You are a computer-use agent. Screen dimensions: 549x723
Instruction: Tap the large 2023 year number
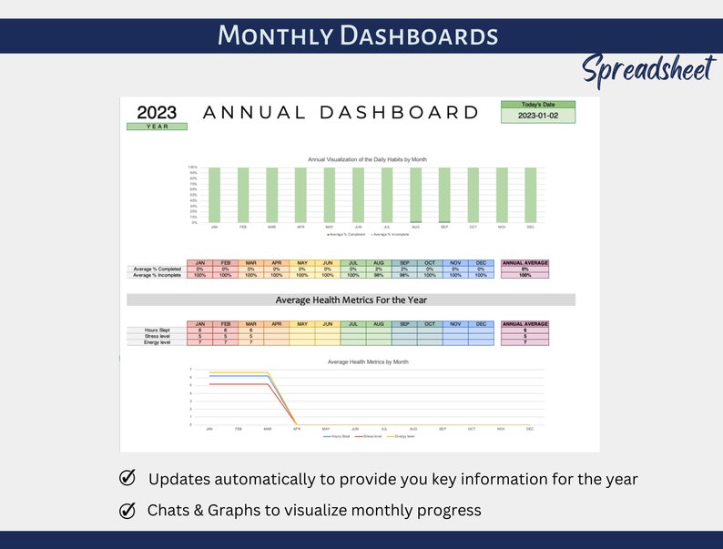pos(157,113)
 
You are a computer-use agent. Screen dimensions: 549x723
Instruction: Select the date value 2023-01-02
pos(538,116)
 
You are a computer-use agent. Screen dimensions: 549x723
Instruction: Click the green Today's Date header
pos(538,105)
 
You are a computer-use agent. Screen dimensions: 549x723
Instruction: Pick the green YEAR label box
pos(157,127)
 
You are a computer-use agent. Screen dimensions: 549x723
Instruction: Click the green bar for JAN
pos(214,195)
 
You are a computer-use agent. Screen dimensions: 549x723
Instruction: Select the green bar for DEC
pos(530,195)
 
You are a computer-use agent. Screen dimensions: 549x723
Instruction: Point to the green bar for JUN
pos(358,195)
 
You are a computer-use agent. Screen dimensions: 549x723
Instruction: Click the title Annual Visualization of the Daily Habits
pos(367,159)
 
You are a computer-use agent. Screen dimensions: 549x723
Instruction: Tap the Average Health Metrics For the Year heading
pos(351,300)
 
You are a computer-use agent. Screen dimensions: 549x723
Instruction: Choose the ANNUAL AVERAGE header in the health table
pos(525,322)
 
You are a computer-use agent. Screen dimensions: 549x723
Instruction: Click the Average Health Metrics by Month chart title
pos(367,361)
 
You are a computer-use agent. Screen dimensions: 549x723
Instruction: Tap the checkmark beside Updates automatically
pos(127,479)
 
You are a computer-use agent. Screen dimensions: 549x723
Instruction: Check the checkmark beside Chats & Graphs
pos(127,511)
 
